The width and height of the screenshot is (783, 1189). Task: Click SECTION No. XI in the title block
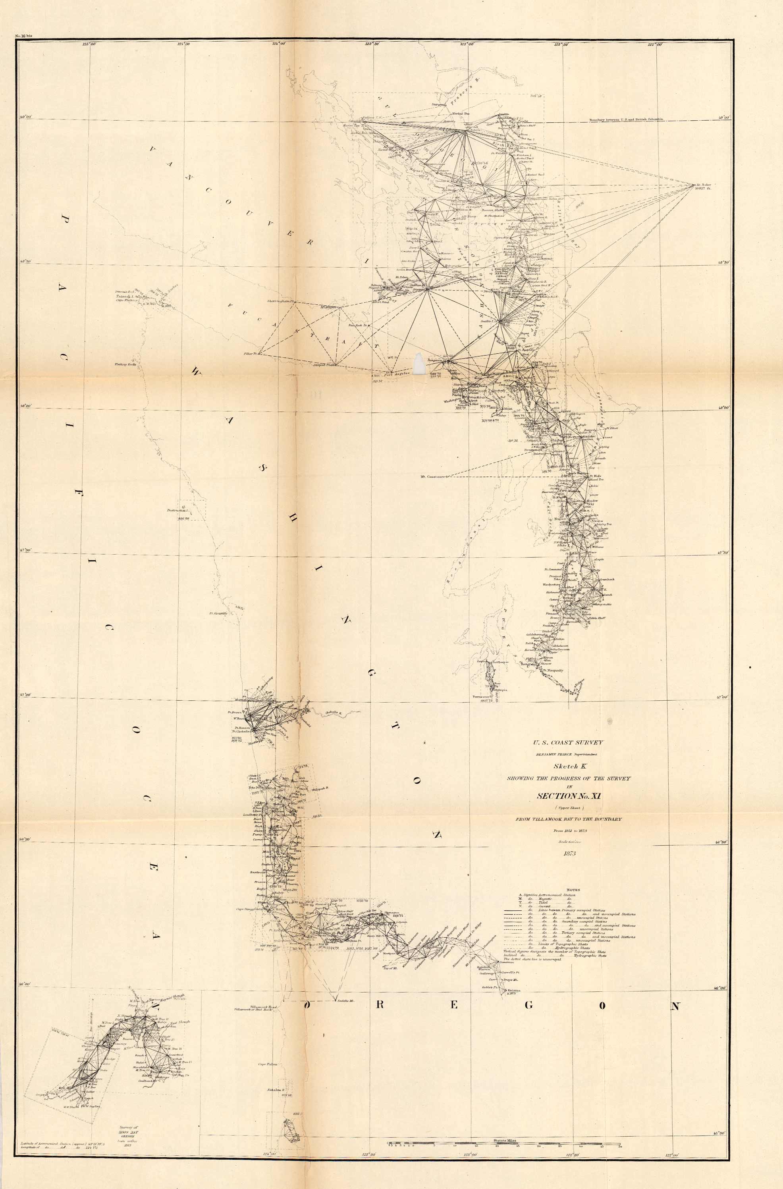click(569, 796)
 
